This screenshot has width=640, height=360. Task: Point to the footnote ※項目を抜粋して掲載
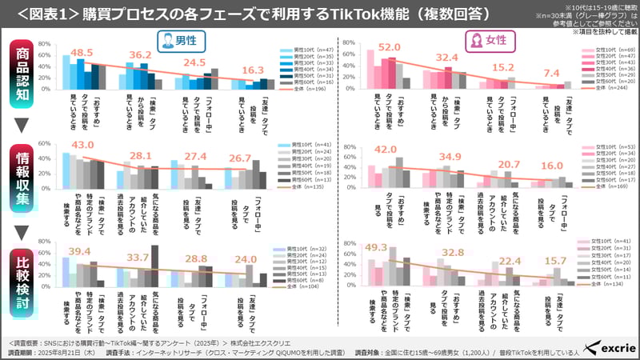click(602, 32)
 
